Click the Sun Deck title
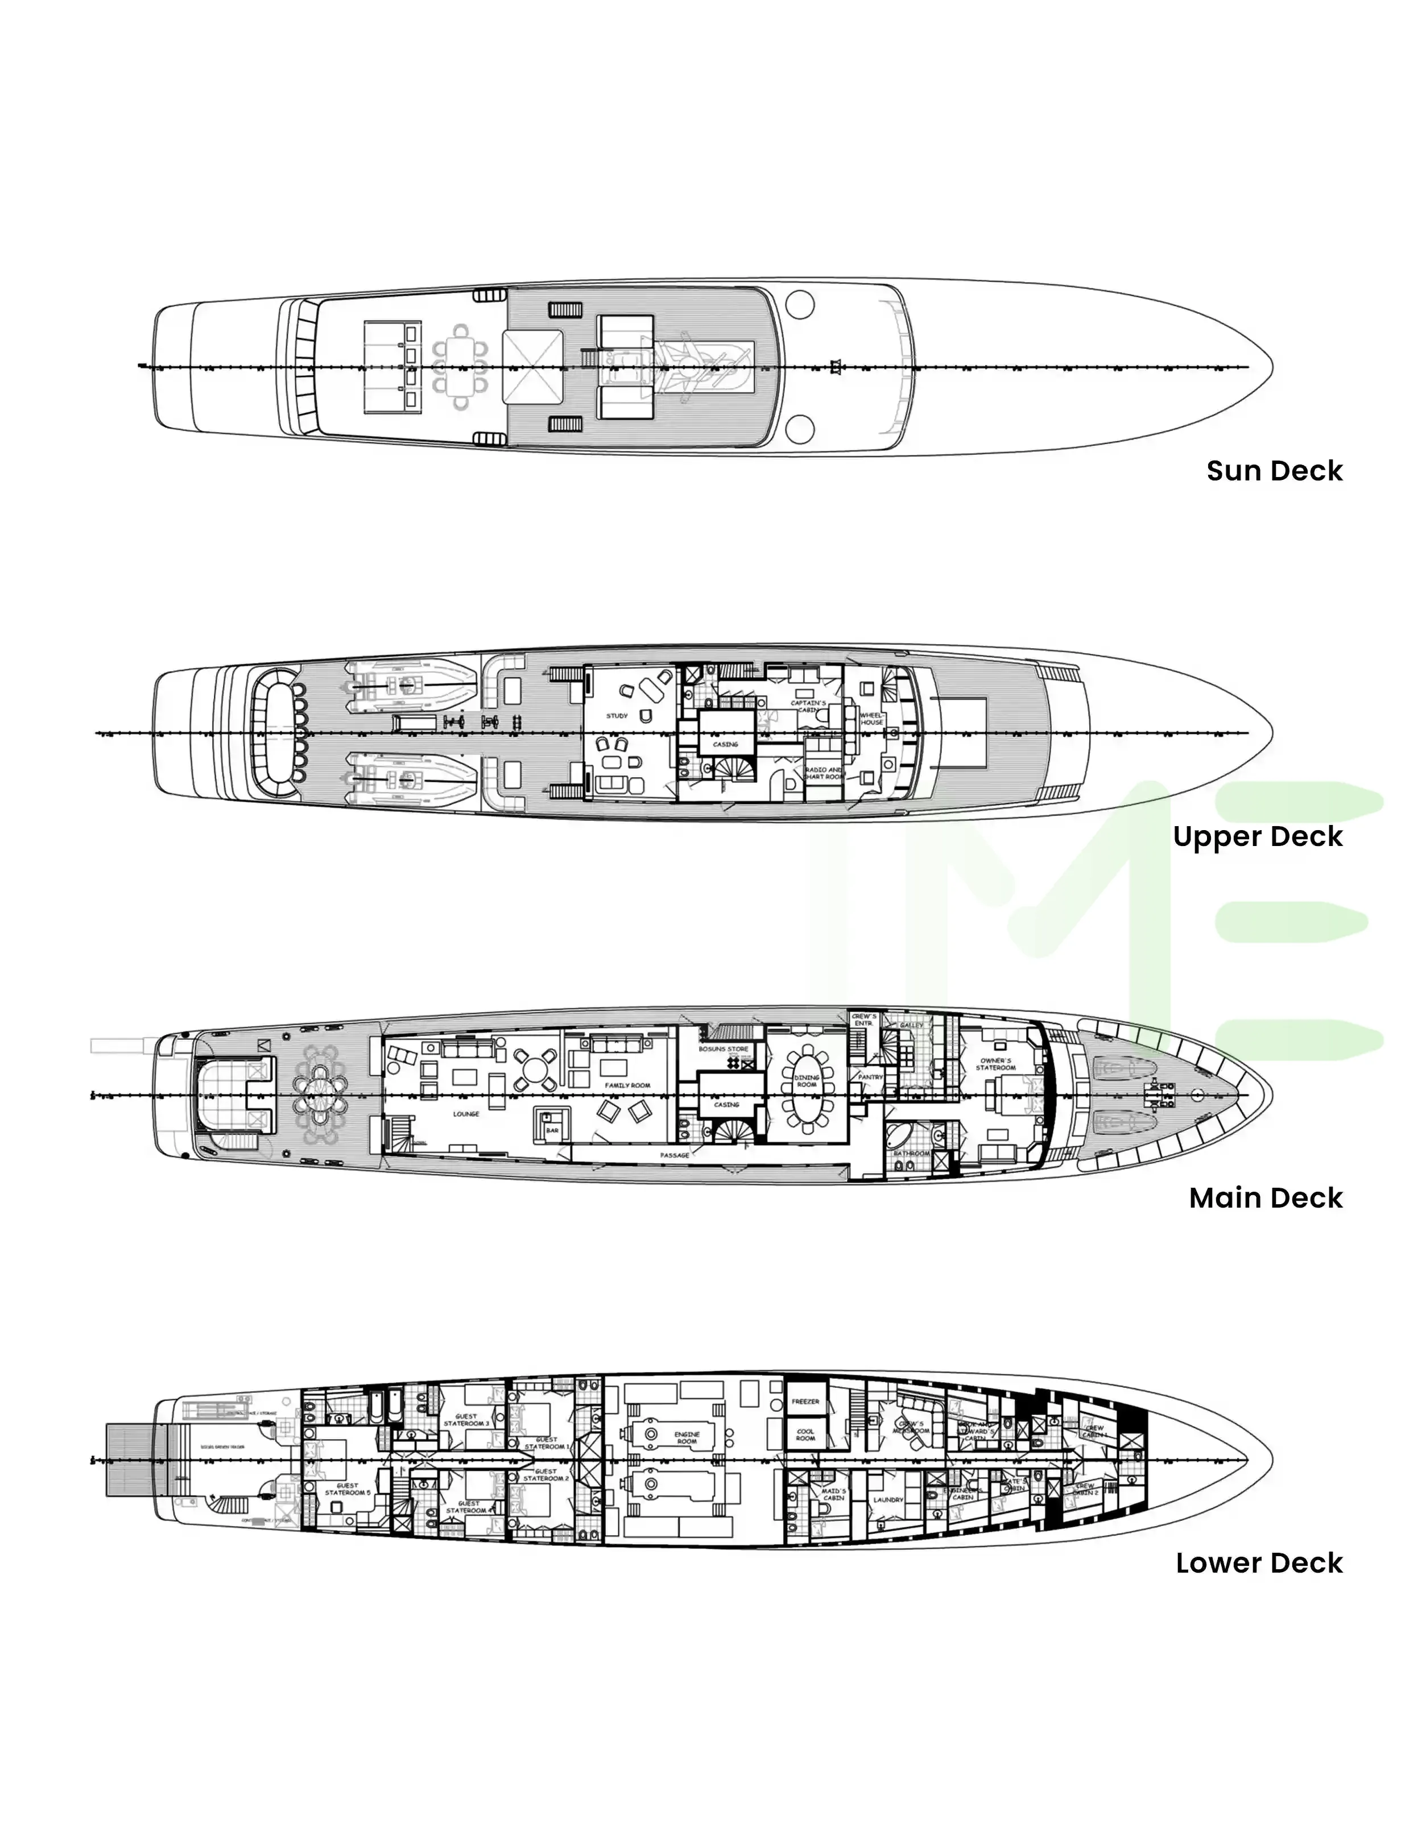1274,470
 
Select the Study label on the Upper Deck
617,716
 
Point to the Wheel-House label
871,719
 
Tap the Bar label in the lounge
552,1130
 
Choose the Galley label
911,1026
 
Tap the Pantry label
870,1077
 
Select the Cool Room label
805,1434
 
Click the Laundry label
888,1500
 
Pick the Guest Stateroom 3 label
466,1420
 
